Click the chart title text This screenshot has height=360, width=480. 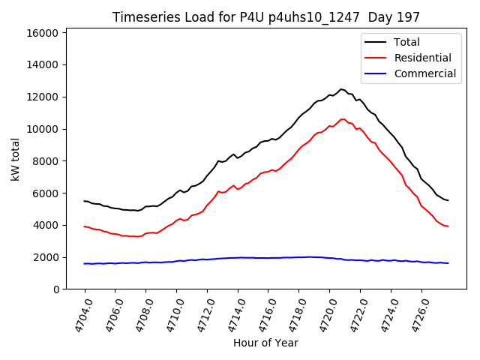266,16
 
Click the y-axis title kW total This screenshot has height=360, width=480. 15,159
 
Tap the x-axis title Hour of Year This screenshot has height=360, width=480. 266,343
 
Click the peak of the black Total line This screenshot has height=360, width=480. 341,89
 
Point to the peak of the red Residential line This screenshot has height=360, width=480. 343,118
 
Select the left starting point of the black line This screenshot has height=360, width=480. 84,201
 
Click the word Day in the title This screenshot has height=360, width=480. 387,16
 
